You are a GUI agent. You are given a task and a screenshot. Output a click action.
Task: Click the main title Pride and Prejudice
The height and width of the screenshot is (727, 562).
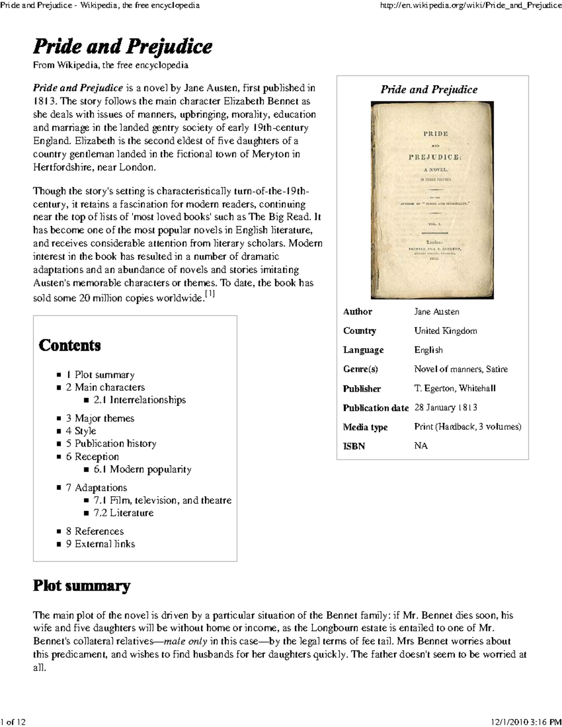pos(122,47)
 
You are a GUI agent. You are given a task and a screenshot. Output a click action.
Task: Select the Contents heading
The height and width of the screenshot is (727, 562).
pos(70,345)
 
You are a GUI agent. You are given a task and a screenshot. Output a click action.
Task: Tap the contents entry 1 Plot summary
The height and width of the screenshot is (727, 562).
pos(100,375)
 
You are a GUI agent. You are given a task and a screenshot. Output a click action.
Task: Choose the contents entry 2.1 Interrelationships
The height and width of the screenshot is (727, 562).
pos(140,400)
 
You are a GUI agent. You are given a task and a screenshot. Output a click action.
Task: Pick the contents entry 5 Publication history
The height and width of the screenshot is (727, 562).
pos(111,443)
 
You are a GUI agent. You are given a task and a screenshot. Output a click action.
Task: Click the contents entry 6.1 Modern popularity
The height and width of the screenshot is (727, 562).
pos(142,469)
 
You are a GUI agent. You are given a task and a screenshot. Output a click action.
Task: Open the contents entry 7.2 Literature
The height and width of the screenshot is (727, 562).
pos(124,513)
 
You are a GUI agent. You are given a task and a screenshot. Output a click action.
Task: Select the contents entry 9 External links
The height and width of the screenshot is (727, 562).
pos(100,543)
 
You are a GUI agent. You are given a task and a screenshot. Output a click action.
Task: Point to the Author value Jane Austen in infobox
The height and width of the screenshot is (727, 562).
pos(436,312)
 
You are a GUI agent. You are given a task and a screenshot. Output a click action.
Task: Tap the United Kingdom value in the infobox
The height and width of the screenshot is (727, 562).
pos(445,331)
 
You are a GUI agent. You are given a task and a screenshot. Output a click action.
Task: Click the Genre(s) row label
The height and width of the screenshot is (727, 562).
pos(360,369)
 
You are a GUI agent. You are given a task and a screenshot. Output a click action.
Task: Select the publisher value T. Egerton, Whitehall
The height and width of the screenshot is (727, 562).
pos(455,388)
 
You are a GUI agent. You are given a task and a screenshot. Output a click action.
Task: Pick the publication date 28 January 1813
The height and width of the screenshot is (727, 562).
pos(445,407)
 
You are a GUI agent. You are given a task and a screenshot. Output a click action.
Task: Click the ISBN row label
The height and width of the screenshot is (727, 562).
pos(354,446)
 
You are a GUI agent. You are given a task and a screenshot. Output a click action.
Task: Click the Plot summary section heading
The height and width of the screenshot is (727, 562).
pos(81,586)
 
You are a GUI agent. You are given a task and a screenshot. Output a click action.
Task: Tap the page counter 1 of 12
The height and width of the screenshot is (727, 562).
pos(14,722)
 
